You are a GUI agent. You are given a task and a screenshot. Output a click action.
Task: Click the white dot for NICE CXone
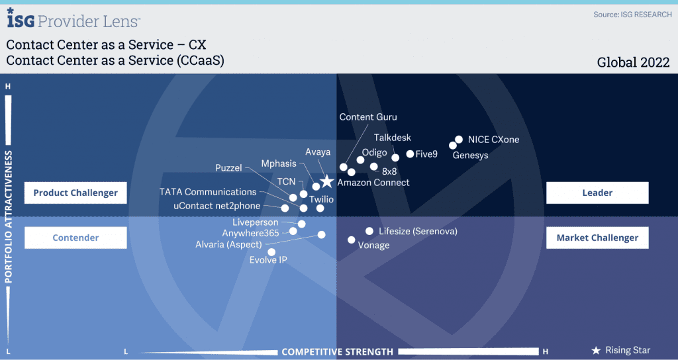(x=459, y=139)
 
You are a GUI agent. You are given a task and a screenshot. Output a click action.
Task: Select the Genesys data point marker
(x=453, y=146)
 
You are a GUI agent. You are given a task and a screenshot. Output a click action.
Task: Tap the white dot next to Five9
(x=410, y=154)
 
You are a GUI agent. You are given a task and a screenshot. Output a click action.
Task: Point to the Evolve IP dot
(x=271, y=252)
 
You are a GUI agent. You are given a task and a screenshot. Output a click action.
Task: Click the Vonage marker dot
(x=352, y=240)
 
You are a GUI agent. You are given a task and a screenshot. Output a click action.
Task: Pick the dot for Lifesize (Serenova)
(x=369, y=231)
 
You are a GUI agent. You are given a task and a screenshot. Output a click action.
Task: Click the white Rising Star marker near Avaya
(x=327, y=181)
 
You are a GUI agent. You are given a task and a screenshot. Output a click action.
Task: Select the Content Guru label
(x=368, y=117)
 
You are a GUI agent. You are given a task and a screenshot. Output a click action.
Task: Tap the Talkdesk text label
(x=393, y=138)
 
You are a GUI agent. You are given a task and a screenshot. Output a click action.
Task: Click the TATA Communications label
(x=208, y=192)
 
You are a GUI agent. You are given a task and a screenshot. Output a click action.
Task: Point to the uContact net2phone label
(x=217, y=206)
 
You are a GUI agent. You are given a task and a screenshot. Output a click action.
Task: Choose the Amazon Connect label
(x=373, y=183)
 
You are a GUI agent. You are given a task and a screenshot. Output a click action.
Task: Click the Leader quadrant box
(x=597, y=193)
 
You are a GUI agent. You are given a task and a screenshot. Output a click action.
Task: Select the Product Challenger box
(x=75, y=193)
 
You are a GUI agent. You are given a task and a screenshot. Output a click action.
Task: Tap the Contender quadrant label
(x=75, y=238)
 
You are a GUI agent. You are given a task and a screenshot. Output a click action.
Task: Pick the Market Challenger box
(x=597, y=238)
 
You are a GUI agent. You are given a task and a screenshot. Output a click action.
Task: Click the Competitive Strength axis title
(x=337, y=352)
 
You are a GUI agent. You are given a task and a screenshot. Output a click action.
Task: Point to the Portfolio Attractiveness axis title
(x=8, y=217)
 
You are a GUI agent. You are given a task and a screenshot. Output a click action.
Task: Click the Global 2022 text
(x=633, y=63)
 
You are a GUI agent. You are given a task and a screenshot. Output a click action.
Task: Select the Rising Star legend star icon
(x=597, y=351)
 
